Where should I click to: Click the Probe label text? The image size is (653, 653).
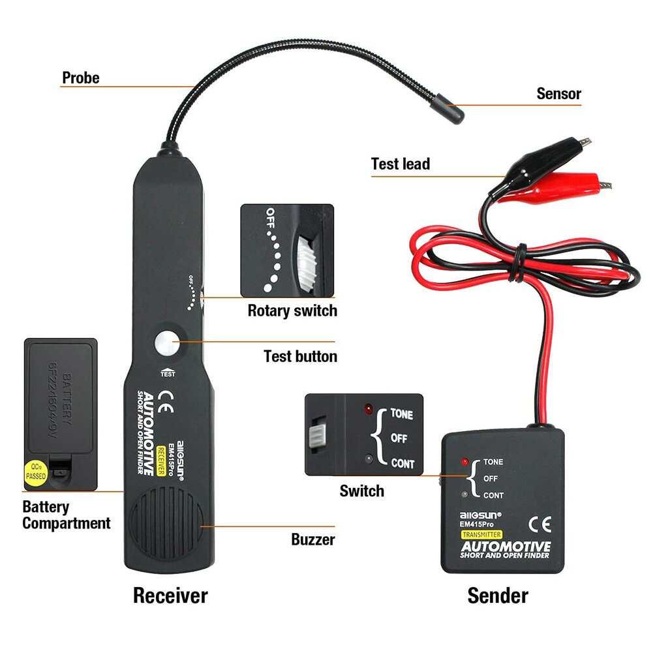81,78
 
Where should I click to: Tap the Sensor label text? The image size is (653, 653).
558,93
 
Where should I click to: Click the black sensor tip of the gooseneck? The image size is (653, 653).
449,108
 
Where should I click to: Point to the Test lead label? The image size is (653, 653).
401,164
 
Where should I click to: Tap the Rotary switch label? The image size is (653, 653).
292,311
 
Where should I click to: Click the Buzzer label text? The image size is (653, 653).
312,539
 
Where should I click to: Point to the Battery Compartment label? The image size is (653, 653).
66,515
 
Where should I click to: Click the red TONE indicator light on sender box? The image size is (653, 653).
464,461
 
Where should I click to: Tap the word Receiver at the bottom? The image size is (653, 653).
170,595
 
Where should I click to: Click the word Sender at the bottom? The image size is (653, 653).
498,595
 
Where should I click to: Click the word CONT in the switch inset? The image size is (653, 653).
402,464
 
